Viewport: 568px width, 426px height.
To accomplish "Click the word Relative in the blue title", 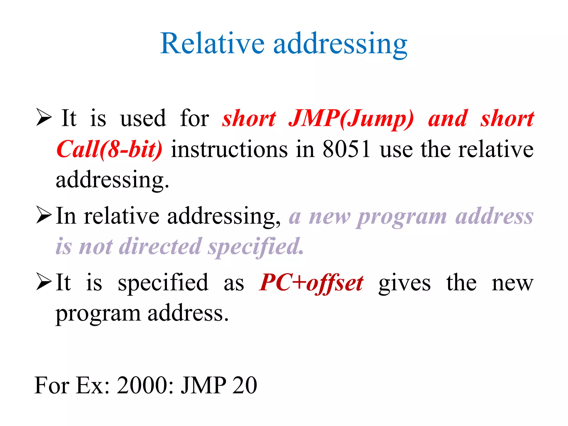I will pos(212,44).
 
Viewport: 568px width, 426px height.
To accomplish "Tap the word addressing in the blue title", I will pos(340,44).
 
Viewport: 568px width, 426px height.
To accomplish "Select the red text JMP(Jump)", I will pos(351,119).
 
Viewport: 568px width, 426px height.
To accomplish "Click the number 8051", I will pos(346,149).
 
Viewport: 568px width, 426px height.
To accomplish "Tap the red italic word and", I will pos(448,118).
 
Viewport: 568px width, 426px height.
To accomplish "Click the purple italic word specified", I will pos(256,247).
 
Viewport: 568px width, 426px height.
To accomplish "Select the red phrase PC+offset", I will pos(311,283).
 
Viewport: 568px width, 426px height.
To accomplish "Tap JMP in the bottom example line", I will pos(204,385).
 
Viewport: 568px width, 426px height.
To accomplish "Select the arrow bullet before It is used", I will pos(44,118).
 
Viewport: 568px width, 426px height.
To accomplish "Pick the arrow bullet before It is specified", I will pos(44,282).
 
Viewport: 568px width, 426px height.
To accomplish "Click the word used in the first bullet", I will pos(143,118).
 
